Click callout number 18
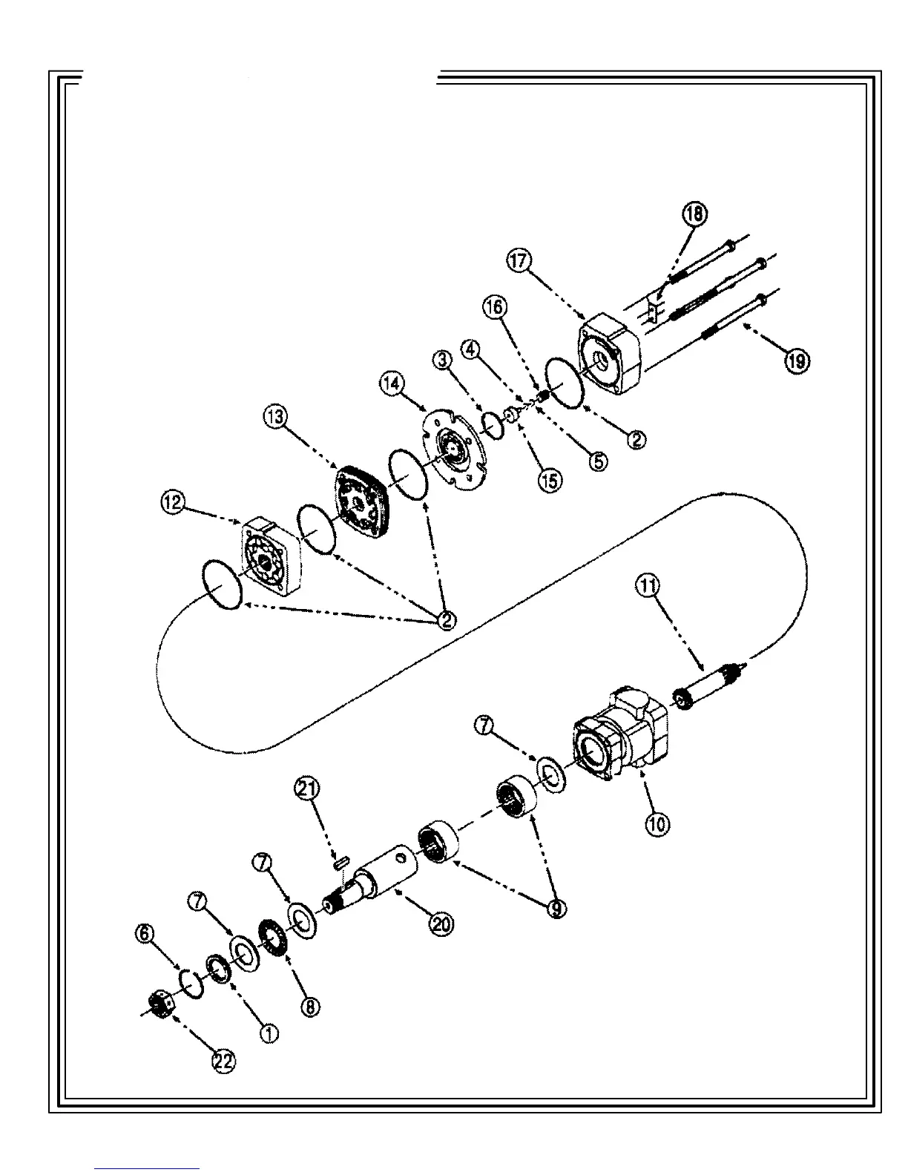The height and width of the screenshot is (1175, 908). click(x=694, y=214)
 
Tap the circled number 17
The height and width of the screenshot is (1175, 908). click(x=519, y=260)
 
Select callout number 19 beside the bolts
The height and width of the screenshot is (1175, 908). click(x=797, y=361)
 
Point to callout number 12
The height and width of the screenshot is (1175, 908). click(x=172, y=503)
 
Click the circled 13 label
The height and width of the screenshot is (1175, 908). click(x=274, y=417)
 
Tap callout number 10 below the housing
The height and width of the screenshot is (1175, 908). click(x=657, y=823)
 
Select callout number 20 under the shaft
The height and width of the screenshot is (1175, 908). click(x=442, y=924)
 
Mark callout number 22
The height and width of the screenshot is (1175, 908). click(x=223, y=1062)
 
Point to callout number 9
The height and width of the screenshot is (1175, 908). click(x=556, y=908)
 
